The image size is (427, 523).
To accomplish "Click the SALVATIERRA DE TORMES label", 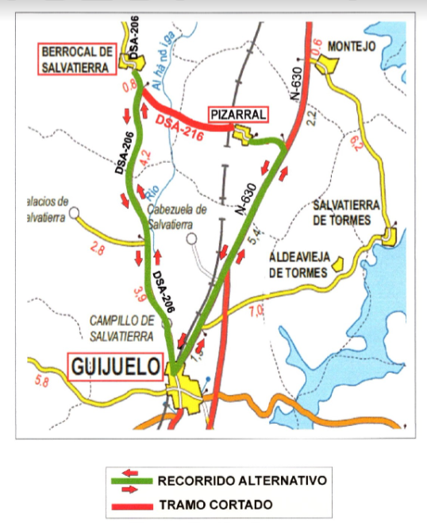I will coord(343,211).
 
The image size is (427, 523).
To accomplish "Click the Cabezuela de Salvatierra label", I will coord(178,216).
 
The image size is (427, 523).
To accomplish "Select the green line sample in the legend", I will coord(133,481).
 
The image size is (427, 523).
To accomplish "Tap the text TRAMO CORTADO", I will coord(216,505).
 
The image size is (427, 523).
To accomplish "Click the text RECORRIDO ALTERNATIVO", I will coord(241,481).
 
